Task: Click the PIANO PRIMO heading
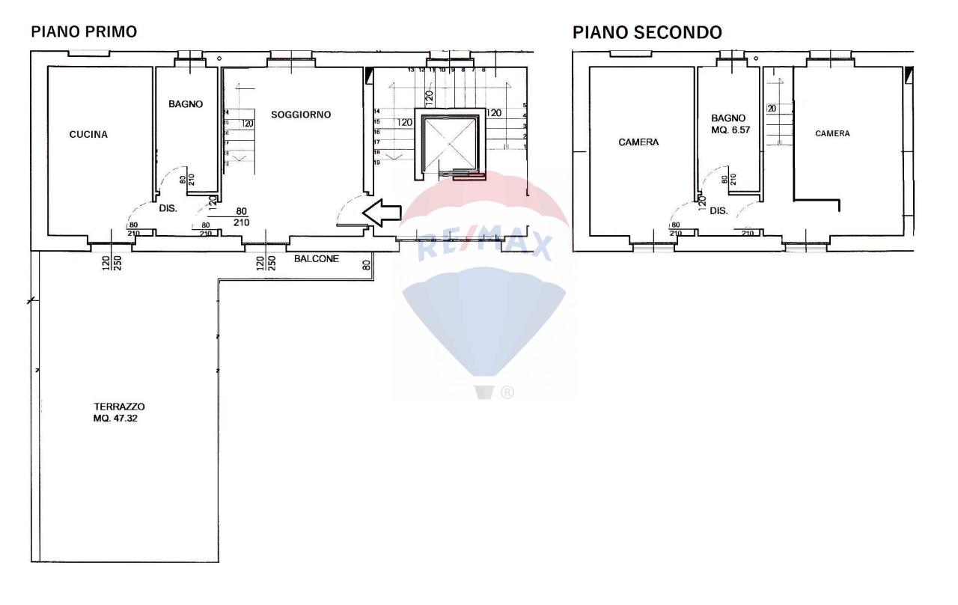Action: (x=83, y=33)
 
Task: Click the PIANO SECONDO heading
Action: (x=647, y=33)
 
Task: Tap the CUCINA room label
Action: (x=88, y=135)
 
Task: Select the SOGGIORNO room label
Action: (x=301, y=115)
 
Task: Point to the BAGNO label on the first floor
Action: (x=186, y=105)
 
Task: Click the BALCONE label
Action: (x=317, y=259)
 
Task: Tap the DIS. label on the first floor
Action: (x=167, y=209)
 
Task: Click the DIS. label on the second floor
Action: (x=718, y=211)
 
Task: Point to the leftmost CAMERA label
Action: (x=638, y=142)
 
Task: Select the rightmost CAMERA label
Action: (x=832, y=133)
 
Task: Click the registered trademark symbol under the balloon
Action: (x=508, y=392)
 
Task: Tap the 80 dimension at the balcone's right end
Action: (x=366, y=264)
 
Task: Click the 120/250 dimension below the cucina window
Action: (x=112, y=263)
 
